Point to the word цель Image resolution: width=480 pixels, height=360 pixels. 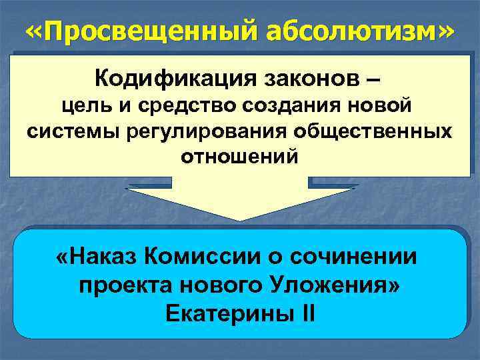point(81,105)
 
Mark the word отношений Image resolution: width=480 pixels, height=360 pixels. point(240,157)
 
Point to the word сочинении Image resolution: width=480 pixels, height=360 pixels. point(363,257)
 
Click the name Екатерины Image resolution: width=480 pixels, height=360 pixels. point(225,313)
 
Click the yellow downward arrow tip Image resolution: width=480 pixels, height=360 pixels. point(240,219)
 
